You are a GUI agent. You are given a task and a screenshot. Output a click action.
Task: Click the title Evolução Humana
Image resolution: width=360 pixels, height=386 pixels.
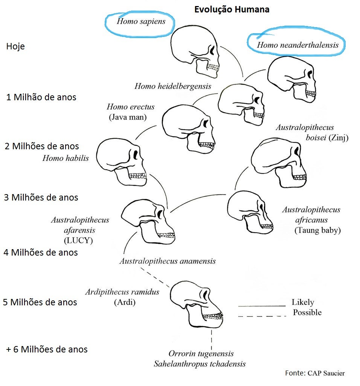[x=232, y=9]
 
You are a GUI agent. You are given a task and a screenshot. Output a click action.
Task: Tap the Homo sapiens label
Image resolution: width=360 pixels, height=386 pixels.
[x=141, y=21]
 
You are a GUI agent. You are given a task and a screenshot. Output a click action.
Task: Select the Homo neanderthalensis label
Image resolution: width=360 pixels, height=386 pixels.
[x=297, y=45]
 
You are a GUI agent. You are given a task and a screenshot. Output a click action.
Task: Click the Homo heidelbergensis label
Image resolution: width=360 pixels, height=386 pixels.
[x=173, y=86]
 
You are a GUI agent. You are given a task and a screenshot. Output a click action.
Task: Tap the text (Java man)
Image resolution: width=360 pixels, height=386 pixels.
[x=128, y=117]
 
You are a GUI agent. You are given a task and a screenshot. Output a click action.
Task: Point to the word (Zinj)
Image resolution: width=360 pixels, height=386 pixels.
[x=339, y=138]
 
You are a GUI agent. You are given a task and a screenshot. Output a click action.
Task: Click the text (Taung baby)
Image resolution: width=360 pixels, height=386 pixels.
[x=317, y=230]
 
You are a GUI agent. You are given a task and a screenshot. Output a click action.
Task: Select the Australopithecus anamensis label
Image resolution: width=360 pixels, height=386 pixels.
[x=168, y=261]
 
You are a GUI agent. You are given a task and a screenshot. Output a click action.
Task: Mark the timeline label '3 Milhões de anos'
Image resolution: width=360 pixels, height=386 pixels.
[x=41, y=197]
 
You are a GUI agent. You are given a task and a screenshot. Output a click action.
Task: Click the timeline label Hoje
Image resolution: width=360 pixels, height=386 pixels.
[x=15, y=47]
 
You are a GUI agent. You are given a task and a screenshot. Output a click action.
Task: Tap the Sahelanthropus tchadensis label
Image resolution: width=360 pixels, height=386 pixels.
[x=200, y=364]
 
